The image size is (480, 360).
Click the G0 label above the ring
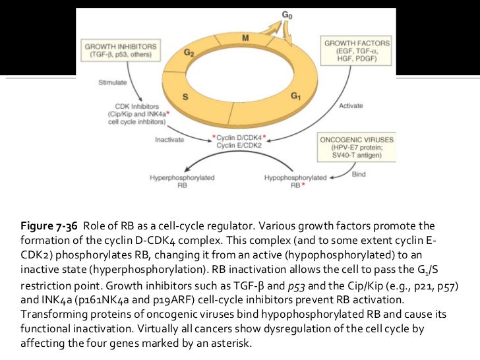coord(285,14)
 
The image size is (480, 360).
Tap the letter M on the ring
coord(245,38)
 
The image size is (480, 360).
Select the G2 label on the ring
coord(188,53)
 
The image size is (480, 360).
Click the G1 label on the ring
coord(296,96)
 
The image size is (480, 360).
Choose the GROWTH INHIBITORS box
coord(121,50)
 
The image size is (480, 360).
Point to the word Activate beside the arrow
coord(351,105)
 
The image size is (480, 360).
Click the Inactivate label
coord(169,139)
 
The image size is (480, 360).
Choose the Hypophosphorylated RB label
coord(295,181)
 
